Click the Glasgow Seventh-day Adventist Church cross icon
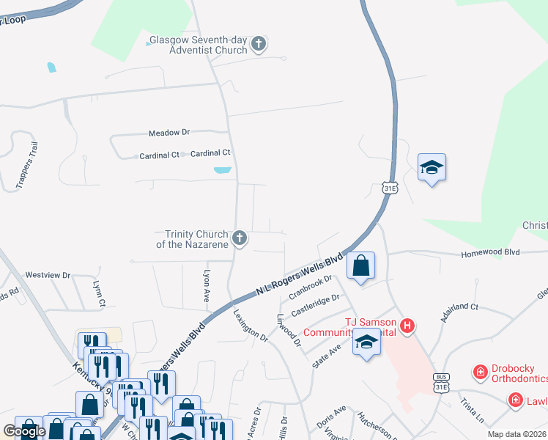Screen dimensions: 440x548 tap(257, 45)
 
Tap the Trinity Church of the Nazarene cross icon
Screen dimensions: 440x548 tap(239, 238)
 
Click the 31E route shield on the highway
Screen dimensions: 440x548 tap(389, 188)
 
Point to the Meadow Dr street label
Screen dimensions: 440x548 tap(169, 133)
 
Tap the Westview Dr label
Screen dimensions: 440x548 tap(47, 275)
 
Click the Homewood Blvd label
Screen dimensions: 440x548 tap(490, 253)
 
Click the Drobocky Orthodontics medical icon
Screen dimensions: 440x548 tap(481, 373)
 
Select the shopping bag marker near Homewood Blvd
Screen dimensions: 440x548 tap(361, 265)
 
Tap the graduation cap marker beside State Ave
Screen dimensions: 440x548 tap(366, 342)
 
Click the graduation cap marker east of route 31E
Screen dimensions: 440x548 tap(432, 168)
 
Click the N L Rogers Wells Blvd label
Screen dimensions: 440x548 tap(300, 274)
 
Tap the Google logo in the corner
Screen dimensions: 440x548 tap(24, 431)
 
